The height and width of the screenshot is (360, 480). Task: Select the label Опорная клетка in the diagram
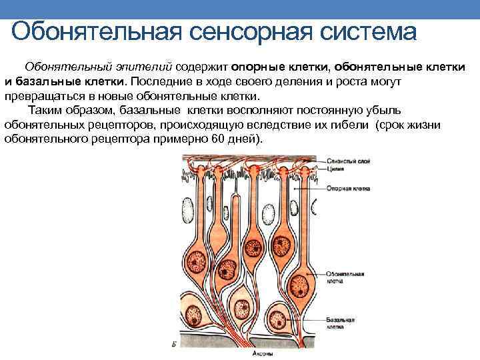pos(344,189)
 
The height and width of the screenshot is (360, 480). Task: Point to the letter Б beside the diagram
pos(173,344)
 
